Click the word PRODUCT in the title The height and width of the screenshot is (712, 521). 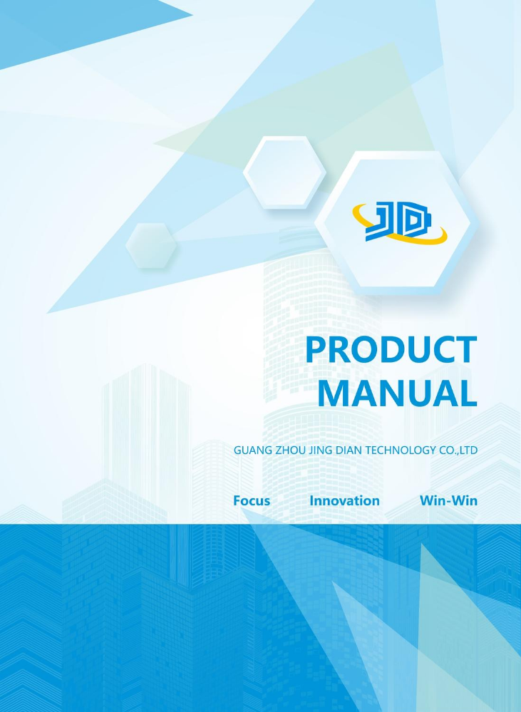pyautogui.click(x=391, y=349)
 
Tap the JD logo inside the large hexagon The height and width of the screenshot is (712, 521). pyautogui.click(x=400, y=222)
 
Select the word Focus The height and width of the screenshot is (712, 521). pyautogui.click(x=252, y=500)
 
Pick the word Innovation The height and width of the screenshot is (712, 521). pyautogui.click(x=344, y=500)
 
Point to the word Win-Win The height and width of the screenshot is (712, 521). pyautogui.click(x=448, y=500)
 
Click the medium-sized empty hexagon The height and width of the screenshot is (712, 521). pyautogui.click(x=285, y=172)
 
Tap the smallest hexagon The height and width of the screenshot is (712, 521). pyautogui.click(x=151, y=245)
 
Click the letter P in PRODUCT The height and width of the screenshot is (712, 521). pyautogui.click(x=316, y=349)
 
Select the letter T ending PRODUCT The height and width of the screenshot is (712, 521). pyautogui.click(x=467, y=349)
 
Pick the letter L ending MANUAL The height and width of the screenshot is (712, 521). pyautogui.click(x=468, y=393)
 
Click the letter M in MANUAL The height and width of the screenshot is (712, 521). pyautogui.click(x=334, y=393)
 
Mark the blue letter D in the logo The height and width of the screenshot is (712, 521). pyautogui.click(x=414, y=221)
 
